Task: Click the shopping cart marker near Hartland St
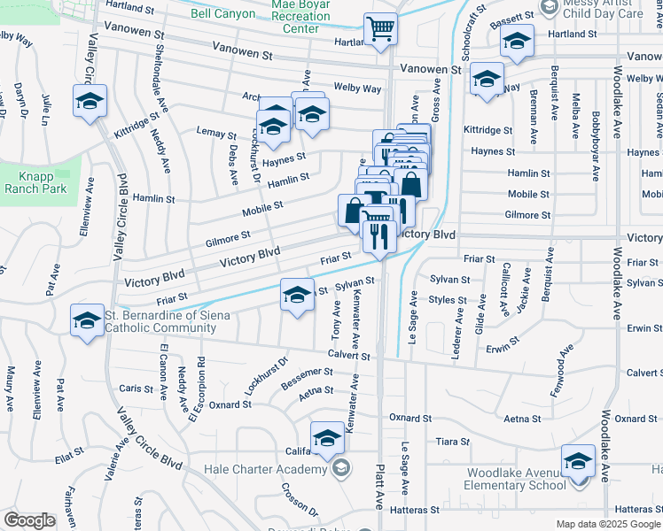coord(381,30)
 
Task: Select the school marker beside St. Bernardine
coord(87,322)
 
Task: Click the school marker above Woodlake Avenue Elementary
coord(578,463)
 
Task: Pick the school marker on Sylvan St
coord(298,296)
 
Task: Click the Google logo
coord(29,520)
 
